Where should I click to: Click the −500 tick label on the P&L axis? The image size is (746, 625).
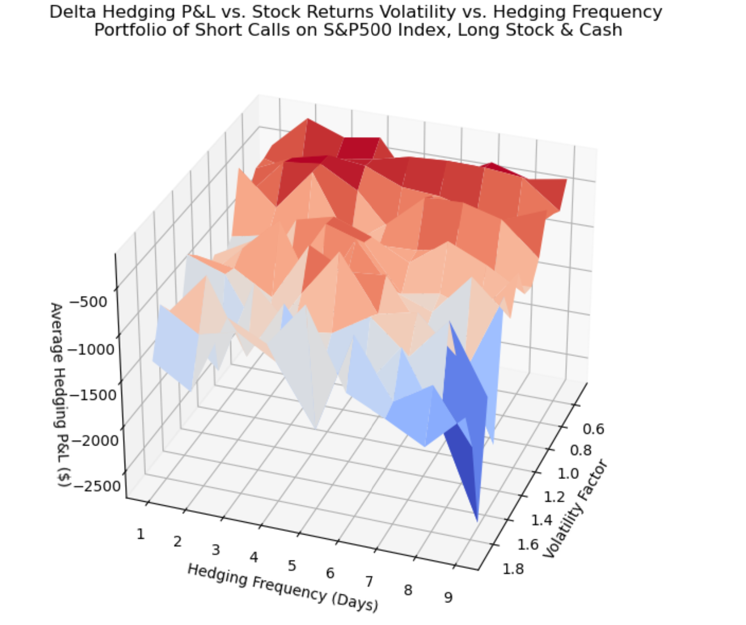pyautogui.click(x=88, y=301)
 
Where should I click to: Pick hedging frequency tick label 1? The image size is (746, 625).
pyautogui.click(x=140, y=534)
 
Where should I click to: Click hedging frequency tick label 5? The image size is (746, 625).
pyautogui.click(x=292, y=565)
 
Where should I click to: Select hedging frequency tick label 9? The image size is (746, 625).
pyautogui.click(x=448, y=598)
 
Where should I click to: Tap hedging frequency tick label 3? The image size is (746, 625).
pyautogui.click(x=216, y=550)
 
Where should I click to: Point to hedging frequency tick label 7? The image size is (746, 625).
pyautogui.click(x=369, y=582)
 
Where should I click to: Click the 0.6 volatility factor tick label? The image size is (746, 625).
pyautogui.click(x=593, y=429)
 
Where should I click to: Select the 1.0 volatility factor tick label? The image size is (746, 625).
pyautogui.click(x=568, y=473)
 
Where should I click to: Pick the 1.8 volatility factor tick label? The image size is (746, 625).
pyautogui.click(x=513, y=569)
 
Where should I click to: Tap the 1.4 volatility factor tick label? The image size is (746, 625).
pyautogui.click(x=541, y=520)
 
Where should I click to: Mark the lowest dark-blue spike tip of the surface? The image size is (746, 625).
pyautogui.click(x=477, y=521)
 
